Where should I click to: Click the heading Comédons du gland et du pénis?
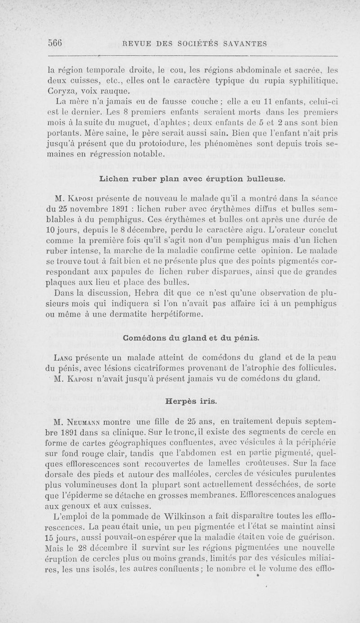[x=191, y=336]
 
